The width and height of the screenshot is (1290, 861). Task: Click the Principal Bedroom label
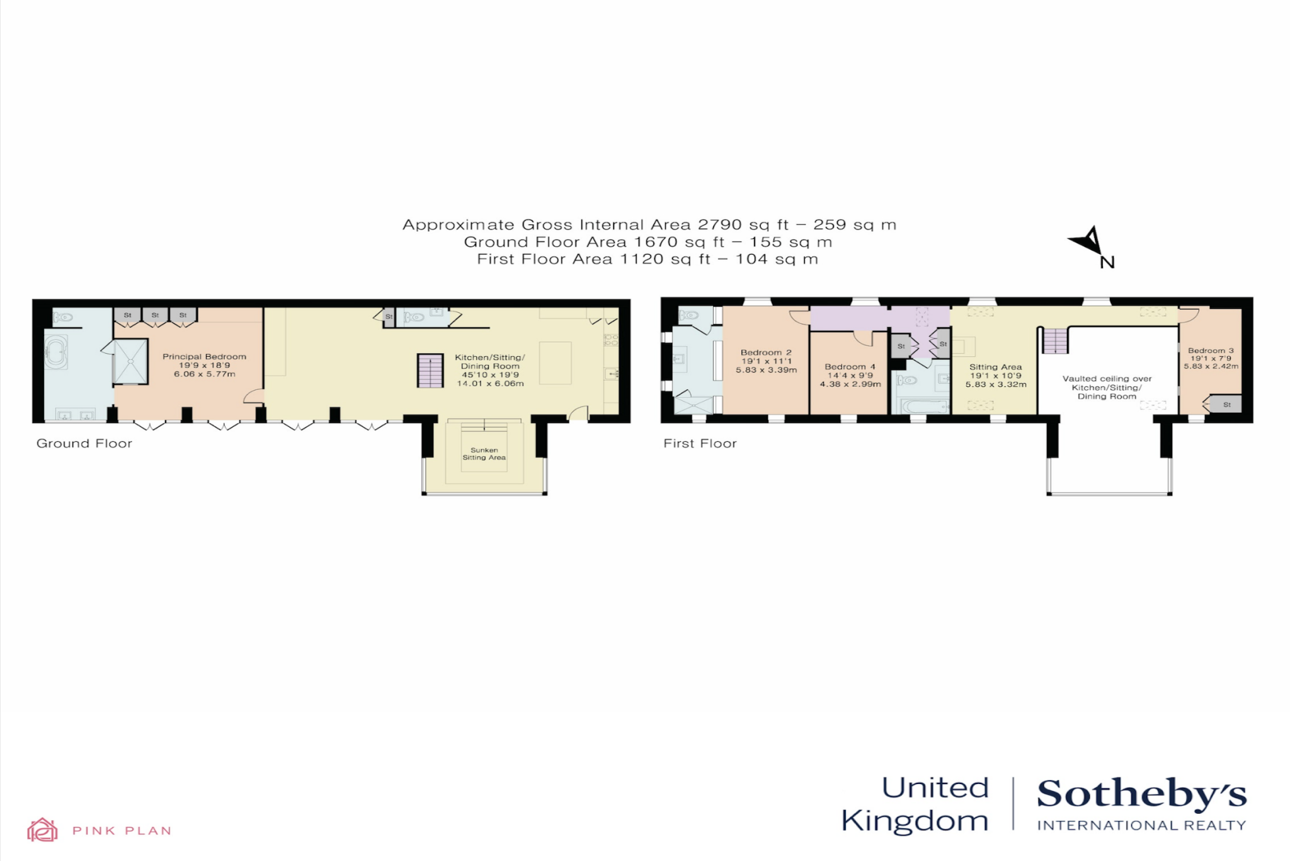point(204,357)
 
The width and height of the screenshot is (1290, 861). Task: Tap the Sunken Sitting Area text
point(484,454)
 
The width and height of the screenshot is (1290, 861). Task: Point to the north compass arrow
point(1090,242)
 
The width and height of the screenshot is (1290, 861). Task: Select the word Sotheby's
point(1141,794)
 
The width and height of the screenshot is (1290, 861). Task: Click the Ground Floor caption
point(84,444)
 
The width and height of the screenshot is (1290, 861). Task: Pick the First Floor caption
point(700,444)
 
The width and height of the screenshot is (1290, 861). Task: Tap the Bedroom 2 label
point(766,353)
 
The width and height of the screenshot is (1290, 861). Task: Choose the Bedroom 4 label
point(850,367)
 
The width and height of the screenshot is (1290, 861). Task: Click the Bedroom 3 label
point(1211,350)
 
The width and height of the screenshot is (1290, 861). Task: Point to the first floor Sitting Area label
point(995,367)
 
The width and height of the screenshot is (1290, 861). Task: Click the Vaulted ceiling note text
point(1107,387)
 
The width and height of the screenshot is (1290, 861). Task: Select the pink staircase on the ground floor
point(430,371)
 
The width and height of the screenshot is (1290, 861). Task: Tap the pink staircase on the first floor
point(1055,341)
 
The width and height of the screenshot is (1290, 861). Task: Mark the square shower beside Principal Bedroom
point(130,362)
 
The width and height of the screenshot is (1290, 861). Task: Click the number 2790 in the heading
point(719,225)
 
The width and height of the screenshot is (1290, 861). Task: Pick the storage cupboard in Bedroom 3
point(1226,404)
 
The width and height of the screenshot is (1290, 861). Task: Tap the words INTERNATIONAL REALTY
point(1141,826)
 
